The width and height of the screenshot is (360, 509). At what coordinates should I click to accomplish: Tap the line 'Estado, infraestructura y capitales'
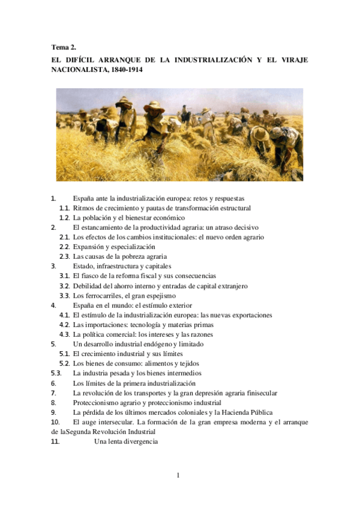coord(122,266)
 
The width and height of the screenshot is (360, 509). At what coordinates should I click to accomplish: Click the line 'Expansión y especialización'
coord(114,247)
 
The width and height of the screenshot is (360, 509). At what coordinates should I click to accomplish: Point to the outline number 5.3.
coord(57,373)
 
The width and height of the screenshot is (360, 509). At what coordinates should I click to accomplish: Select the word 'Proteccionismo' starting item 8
coord(96,403)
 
